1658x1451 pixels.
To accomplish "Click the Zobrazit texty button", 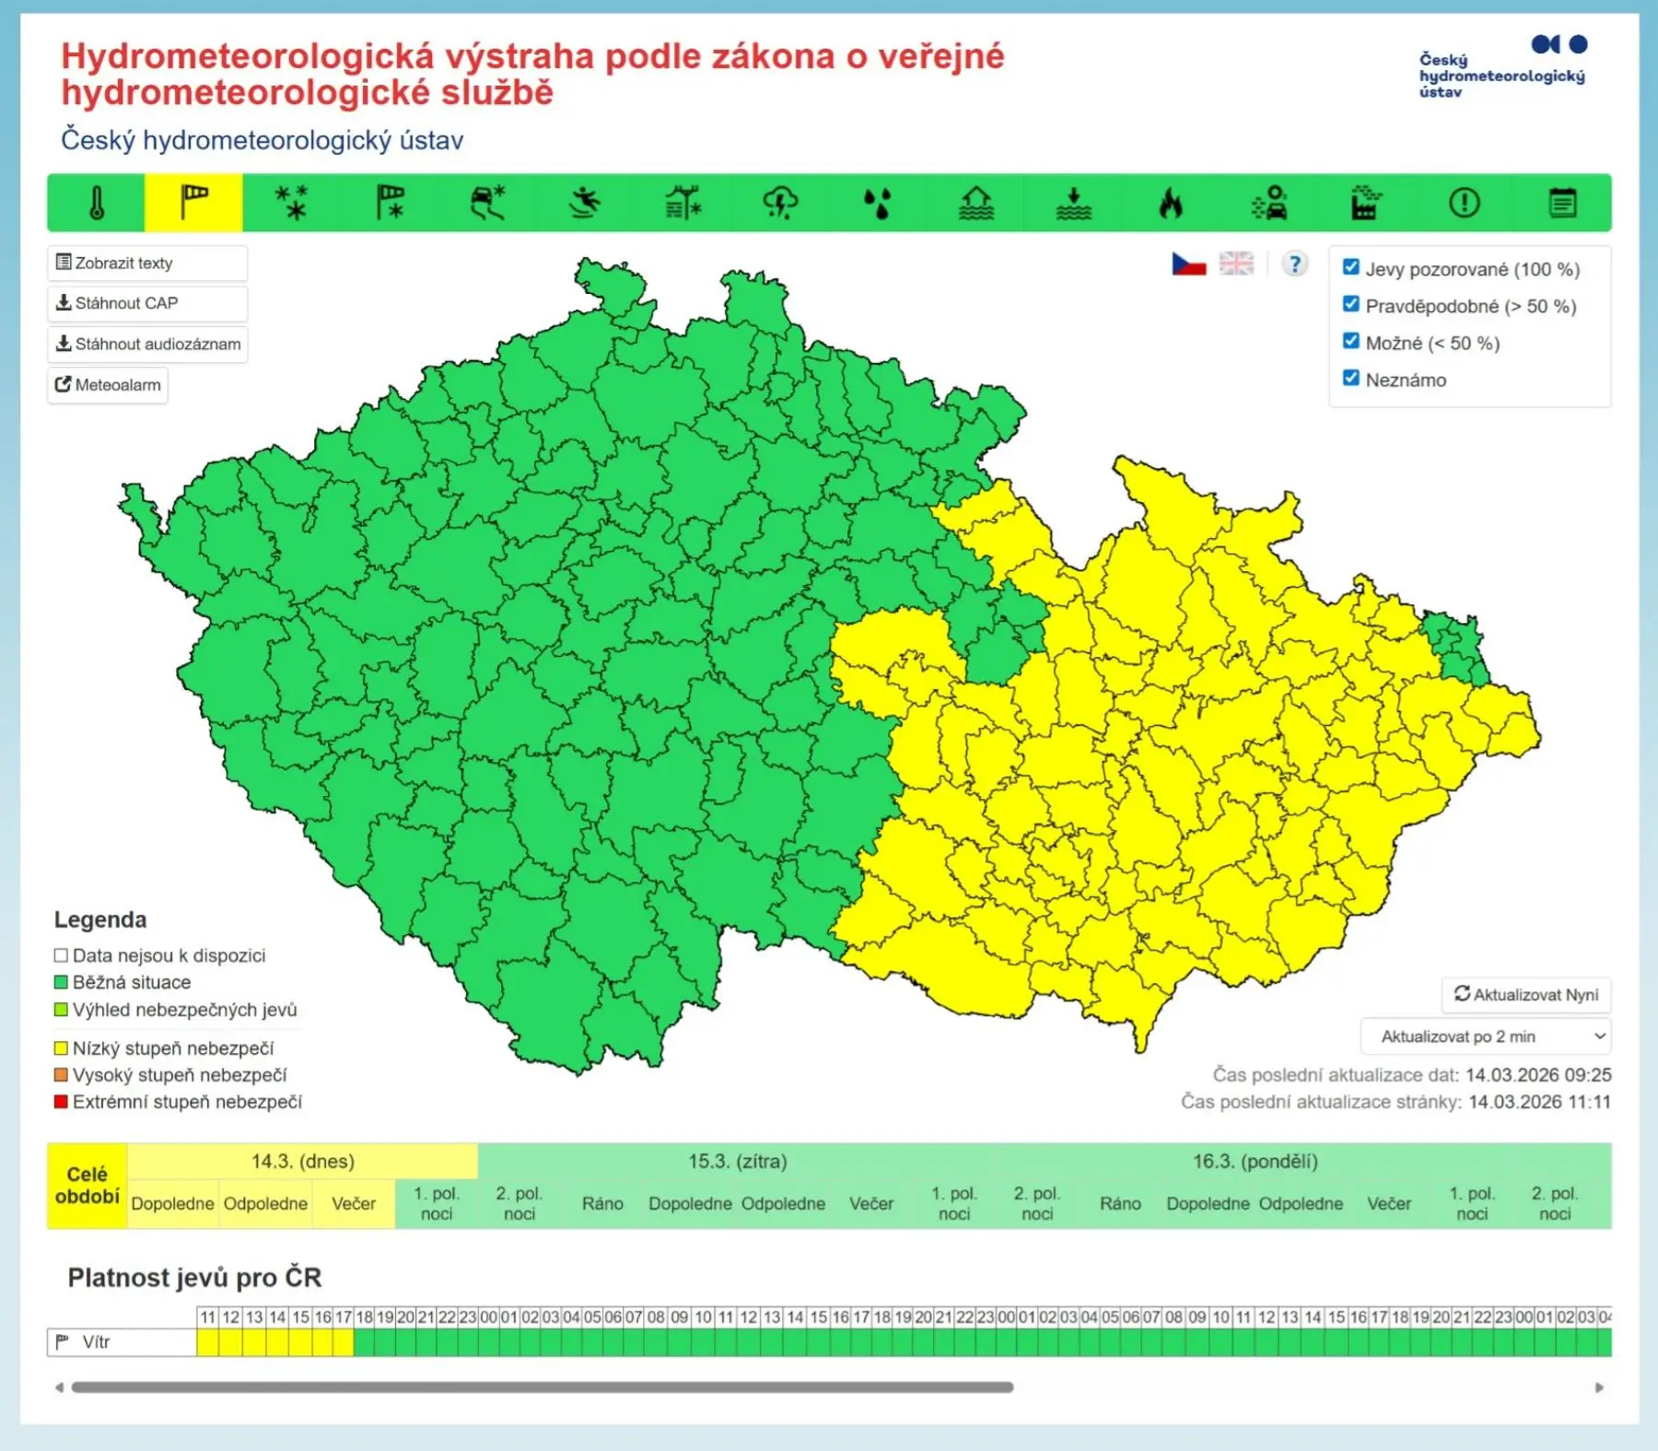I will (x=146, y=263).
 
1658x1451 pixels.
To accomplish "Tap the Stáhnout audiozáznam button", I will (x=147, y=345).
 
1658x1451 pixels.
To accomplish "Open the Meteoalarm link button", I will (x=108, y=385).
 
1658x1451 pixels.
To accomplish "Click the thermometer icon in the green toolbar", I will (x=97, y=203).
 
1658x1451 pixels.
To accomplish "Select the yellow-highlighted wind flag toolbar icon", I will (x=193, y=203).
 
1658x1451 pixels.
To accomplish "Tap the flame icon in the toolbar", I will (x=1170, y=203).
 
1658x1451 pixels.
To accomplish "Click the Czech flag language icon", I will (x=1188, y=264).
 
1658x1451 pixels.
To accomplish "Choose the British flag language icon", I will (x=1236, y=264).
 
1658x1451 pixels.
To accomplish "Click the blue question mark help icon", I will (x=1294, y=264).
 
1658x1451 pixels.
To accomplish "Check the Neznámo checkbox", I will (x=1351, y=379).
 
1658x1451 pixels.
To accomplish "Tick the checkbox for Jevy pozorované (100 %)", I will (x=1351, y=268).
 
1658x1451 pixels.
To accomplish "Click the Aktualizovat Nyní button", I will (x=1526, y=995).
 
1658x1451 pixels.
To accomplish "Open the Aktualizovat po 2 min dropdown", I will (x=1486, y=1036).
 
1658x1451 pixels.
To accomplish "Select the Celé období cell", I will (x=88, y=1186).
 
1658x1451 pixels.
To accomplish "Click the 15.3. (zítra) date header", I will (x=737, y=1162).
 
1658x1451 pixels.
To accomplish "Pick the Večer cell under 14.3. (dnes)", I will (x=354, y=1204).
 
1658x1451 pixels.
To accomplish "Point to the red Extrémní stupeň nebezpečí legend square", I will (x=62, y=1102).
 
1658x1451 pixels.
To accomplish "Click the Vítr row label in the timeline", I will (x=96, y=1342).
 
